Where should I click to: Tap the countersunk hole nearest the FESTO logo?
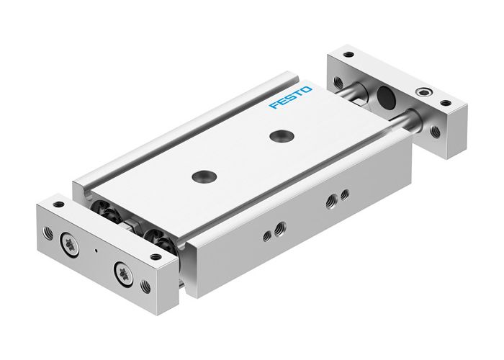point(276,135)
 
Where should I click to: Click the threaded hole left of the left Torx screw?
point(48,233)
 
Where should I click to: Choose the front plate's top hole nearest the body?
point(157,255)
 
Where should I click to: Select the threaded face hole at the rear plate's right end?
point(435,131)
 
